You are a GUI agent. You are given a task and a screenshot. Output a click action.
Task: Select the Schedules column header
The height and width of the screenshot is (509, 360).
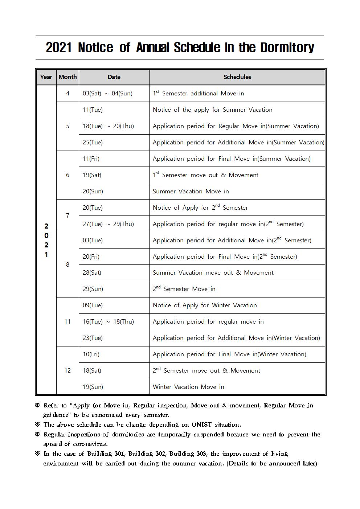point(237,77)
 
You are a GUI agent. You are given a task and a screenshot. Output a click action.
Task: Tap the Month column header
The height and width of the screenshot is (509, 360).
point(67,77)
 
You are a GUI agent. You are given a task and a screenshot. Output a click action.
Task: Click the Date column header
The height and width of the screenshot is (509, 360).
point(114,77)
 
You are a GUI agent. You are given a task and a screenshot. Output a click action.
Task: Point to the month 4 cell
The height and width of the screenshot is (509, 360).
point(67,93)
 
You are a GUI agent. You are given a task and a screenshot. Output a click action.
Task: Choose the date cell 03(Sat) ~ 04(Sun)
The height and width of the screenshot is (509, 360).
point(107,93)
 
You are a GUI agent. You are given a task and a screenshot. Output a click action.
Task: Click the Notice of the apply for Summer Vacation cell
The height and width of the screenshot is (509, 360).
point(212,110)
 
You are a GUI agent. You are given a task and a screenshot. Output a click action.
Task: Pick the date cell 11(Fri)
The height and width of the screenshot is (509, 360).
point(91,159)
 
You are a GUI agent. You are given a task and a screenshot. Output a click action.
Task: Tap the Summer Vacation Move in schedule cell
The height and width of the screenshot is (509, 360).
point(191,191)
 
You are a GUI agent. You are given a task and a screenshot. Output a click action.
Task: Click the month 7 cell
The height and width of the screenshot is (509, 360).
point(67,215)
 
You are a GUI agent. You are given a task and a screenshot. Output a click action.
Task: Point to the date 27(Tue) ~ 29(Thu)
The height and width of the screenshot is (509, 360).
point(108,224)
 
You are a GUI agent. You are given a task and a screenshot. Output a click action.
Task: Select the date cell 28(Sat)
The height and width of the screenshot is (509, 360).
point(92,272)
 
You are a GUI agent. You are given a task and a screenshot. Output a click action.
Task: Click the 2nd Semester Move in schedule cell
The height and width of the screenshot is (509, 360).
point(184,289)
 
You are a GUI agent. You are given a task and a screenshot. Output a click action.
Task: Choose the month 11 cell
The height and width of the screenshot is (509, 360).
point(67,321)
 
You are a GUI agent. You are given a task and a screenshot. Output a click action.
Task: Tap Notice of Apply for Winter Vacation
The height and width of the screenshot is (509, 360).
point(205,305)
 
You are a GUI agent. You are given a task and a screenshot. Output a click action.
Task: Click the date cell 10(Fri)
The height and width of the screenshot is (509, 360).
point(91,354)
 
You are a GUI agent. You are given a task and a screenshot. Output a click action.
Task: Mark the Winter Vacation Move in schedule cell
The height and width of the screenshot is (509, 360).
point(188,387)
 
